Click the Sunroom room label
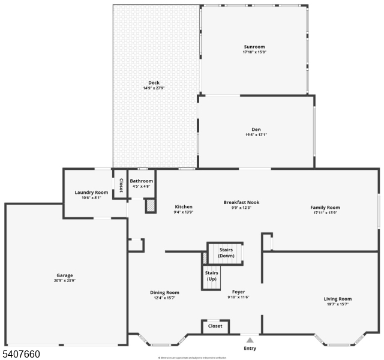tap(254, 47)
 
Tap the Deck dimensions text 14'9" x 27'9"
tap(154, 88)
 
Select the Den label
tap(256, 129)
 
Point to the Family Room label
tap(325, 208)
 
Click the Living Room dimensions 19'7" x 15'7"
tap(338, 304)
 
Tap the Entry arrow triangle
tap(250, 340)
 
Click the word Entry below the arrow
tap(250, 348)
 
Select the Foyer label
tap(238, 292)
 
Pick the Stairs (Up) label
tap(211, 277)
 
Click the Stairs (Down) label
tap(226, 252)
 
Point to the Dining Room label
tap(164, 293)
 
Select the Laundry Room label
tap(91, 192)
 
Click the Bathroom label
tap(142, 181)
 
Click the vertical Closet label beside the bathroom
tap(121, 185)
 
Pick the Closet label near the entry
tap(215, 326)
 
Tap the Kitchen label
tap(184, 207)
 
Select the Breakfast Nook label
tap(241, 202)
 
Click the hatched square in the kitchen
tap(151, 205)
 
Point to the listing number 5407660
tap(21, 355)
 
